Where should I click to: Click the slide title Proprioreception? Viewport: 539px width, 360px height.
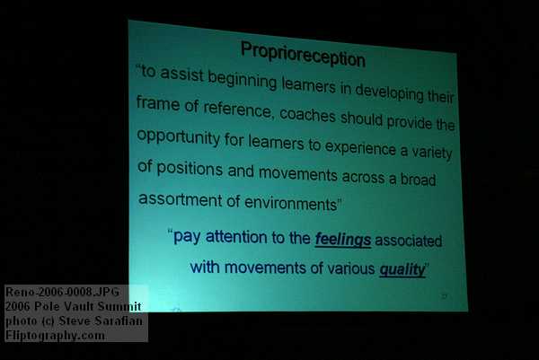[x=303, y=54]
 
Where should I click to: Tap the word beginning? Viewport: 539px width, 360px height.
[x=243, y=79]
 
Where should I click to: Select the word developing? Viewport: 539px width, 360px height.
[x=389, y=92]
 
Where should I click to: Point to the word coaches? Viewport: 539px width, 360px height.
[x=307, y=115]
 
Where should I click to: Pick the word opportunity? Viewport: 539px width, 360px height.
[x=179, y=137]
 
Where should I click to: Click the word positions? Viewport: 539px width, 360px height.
[x=190, y=169]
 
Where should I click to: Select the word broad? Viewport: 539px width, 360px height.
[x=419, y=179]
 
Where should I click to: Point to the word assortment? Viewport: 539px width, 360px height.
[x=181, y=199]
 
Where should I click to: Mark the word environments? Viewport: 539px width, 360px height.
[x=291, y=203]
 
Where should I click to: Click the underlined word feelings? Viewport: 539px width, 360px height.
[x=343, y=239]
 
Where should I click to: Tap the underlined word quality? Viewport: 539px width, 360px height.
[x=402, y=269]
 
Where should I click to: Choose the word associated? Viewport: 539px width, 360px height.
[x=409, y=241]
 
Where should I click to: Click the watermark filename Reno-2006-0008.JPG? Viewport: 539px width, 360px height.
[x=62, y=292]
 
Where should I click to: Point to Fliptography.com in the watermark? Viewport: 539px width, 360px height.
[x=55, y=335]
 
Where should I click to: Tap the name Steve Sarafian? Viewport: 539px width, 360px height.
[x=101, y=320]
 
